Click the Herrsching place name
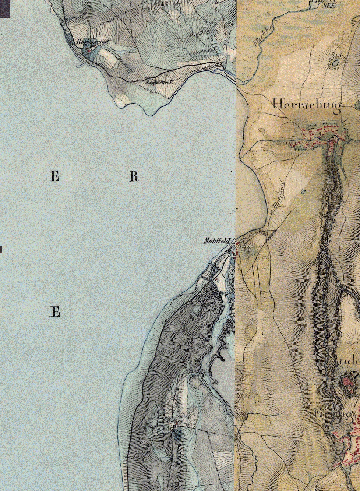307,105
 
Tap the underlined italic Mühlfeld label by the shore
216,241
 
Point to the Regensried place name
92,42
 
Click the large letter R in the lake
134,177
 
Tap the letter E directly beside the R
54,177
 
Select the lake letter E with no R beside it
55,312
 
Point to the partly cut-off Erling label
333,413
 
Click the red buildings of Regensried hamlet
89,49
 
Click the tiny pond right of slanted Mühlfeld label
303,191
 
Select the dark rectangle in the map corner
5,9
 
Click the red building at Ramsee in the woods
176,425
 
